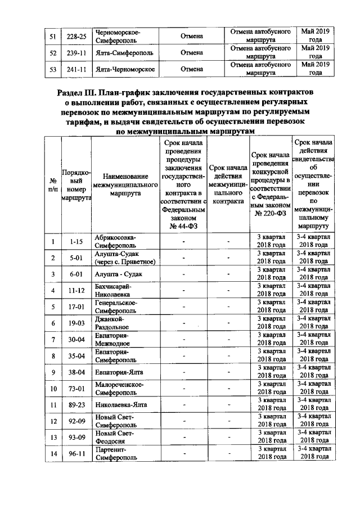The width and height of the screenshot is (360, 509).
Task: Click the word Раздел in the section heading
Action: [x=76, y=92]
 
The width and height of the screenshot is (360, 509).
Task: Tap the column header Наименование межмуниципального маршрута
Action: [x=124, y=184]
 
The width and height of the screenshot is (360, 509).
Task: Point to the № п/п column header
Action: [x=53, y=184]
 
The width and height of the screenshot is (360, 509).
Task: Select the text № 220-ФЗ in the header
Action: [x=271, y=214]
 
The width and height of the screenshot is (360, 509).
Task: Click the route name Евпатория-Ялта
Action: [x=120, y=372]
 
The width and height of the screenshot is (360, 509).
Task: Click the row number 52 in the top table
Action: [x=53, y=52]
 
